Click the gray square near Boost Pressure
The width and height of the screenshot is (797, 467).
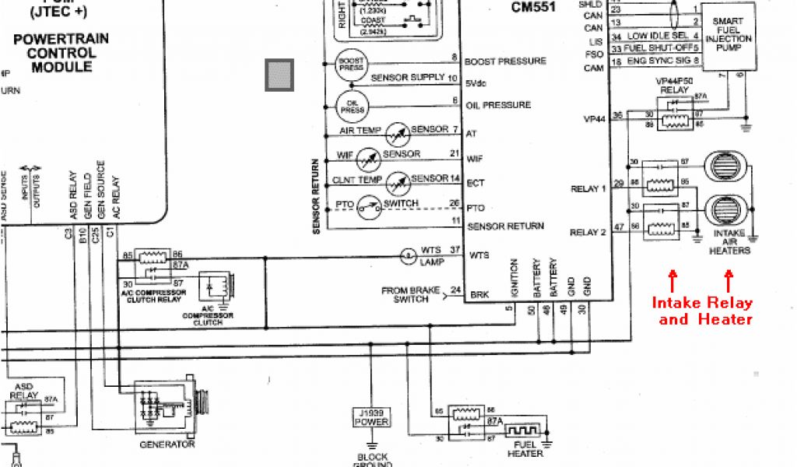pyautogui.click(x=279, y=75)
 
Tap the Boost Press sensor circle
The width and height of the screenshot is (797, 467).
pyautogui.click(x=349, y=65)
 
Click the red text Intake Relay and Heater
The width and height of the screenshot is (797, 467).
pyautogui.click(x=702, y=311)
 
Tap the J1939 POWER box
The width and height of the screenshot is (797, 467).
pyautogui.click(x=371, y=417)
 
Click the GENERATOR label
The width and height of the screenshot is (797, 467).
pyautogui.click(x=166, y=444)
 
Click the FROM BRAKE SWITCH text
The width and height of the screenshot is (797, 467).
pyautogui.click(x=406, y=295)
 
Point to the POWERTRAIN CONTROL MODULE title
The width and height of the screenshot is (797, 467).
pyautogui.click(x=61, y=53)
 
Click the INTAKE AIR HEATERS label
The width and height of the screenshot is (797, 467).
pyautogui.click(x=729, y=242)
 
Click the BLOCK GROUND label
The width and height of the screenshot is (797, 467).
pyautogui.click(x=371, y=460)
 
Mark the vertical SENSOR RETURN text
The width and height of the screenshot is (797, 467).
pyautogui.click(x=317, y=197)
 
